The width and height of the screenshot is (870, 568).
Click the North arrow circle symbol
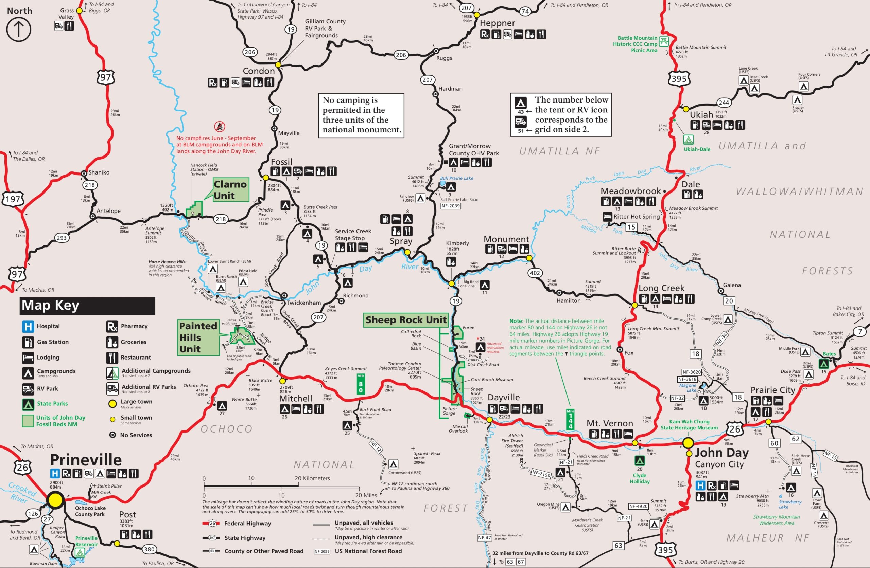pos(19,29)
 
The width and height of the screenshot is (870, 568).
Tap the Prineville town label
pos(86,459)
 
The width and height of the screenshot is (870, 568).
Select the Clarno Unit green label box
pos(230,189)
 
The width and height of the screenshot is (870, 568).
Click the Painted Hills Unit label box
pos(198,337)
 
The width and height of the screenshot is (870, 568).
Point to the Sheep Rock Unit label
pos(406,320)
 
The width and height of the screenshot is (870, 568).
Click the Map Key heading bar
pos(87,305)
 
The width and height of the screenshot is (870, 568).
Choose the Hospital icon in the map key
pos(28,326)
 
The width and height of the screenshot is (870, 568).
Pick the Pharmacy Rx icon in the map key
pos(112,326)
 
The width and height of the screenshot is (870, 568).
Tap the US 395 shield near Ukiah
pos(679,79)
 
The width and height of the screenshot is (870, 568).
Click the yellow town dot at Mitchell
pos(282,381)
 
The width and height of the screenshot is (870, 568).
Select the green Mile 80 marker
pos(361,384)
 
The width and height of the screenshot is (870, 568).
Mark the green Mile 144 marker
pos(570,419)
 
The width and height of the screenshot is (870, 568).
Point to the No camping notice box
pos(361,115)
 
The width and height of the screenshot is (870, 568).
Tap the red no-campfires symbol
pos(219,126)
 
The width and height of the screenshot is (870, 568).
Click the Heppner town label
pos(497,23)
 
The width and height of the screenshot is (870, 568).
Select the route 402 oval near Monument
pos(535,273)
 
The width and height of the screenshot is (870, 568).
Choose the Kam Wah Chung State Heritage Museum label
pos(689,424)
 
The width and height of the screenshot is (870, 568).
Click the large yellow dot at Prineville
pos(55,500)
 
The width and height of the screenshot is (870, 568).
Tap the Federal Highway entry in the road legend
pos(247,523)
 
